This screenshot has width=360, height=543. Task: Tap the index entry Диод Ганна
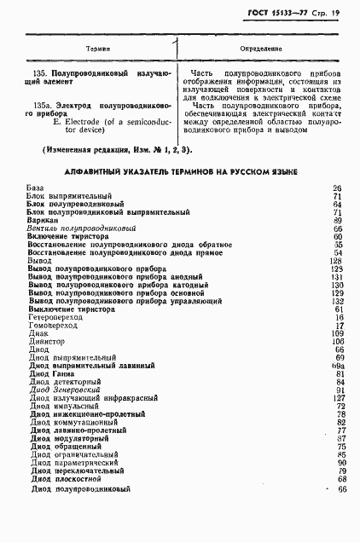52,373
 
